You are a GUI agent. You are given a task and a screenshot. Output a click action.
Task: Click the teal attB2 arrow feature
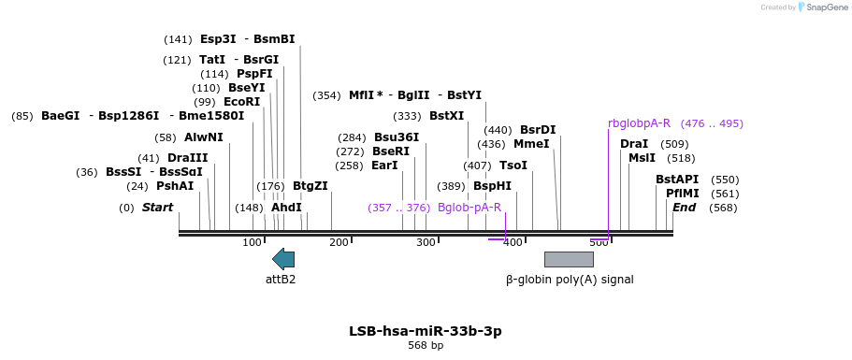tap(282, 259)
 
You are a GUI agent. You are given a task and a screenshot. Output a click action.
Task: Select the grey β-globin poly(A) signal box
tap(569, 259)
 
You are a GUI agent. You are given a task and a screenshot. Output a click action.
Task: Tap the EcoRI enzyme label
tap(241, 102)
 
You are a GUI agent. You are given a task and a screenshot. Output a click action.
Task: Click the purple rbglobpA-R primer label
tap(639, 123)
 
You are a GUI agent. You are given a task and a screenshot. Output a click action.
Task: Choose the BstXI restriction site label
tap(446, 116)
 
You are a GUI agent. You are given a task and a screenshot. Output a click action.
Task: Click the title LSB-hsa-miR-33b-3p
tap(426, 331)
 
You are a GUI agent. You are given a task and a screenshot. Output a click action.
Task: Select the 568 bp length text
tap(426, 346)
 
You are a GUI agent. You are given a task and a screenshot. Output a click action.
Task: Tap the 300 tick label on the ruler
tap(426, 243)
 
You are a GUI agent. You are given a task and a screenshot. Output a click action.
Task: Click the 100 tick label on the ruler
tap(253, 243)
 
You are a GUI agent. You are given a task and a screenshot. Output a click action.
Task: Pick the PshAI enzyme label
tap(175, 186)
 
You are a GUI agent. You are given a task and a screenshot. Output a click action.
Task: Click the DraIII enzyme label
tap(187, 158)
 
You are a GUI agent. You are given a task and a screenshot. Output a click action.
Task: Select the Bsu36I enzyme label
tap(397, 137)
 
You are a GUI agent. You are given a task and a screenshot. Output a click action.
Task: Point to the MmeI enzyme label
tap(531, 144)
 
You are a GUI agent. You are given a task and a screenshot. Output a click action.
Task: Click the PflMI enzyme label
tap(683, 194)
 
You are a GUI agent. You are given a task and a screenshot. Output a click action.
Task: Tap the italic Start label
tap(157, 208)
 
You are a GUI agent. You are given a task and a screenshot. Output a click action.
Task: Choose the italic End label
tap(685, 208)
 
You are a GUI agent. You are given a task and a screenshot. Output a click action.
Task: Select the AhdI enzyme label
tap(286, 208)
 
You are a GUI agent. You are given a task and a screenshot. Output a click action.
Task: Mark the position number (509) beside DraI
tap(674, 144)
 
